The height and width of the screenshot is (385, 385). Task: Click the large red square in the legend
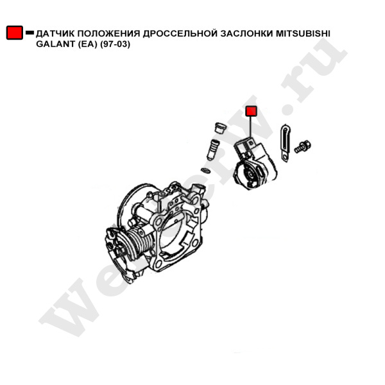tap(15, 33)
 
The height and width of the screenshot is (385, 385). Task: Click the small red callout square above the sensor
tap(251, 111)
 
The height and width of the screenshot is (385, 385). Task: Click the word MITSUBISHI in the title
tap(303, 33)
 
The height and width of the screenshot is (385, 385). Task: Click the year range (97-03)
tap(115, 44)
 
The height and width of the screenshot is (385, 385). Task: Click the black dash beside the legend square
tap(30, 33)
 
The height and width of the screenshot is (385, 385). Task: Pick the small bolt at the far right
tap(303, 146)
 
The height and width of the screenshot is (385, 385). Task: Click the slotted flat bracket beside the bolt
tap(285, 143)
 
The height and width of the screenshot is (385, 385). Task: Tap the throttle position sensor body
tap(255, 164)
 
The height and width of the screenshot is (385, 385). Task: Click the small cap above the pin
tap(221, 128)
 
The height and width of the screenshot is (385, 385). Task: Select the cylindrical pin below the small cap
tap(212, 150)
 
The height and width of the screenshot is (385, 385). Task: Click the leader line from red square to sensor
tap(250, 127)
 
